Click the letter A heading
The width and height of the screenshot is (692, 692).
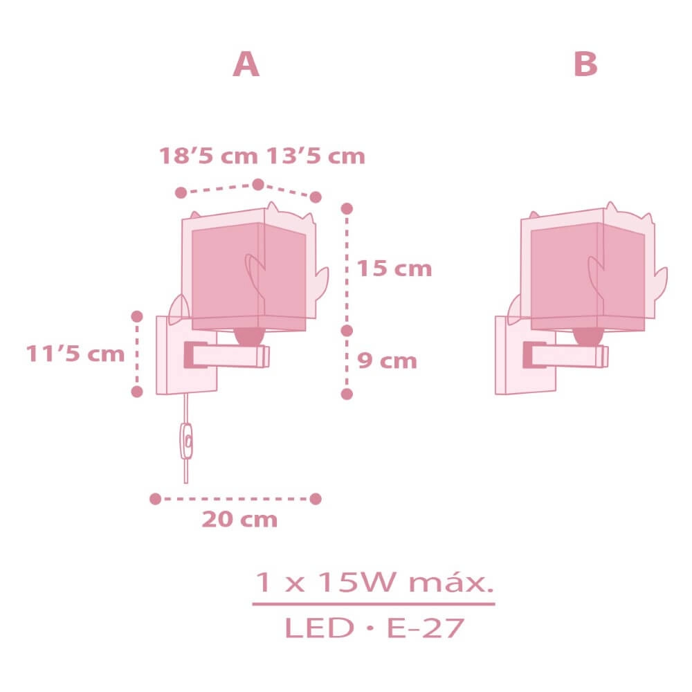point(246,65)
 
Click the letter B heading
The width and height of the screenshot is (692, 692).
point(585,65)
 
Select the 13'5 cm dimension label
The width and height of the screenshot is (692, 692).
point(315,156)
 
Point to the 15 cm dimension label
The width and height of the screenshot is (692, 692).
point(394,268)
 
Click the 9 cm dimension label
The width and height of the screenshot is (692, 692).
point(387,361)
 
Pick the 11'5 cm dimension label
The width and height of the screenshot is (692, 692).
point(75,354)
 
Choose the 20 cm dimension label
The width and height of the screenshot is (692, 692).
point(239,519)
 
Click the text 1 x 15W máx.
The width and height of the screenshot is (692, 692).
point(374,583)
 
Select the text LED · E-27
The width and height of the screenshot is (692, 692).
point(374,628)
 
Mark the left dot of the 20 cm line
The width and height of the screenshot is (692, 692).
point(155,498)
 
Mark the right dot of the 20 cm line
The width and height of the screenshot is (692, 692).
point(316,498)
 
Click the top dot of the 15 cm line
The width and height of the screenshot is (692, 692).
point(347,208)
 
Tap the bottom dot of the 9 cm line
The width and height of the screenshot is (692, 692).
point(347,393)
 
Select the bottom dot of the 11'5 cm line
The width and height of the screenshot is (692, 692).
point(137,392)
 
